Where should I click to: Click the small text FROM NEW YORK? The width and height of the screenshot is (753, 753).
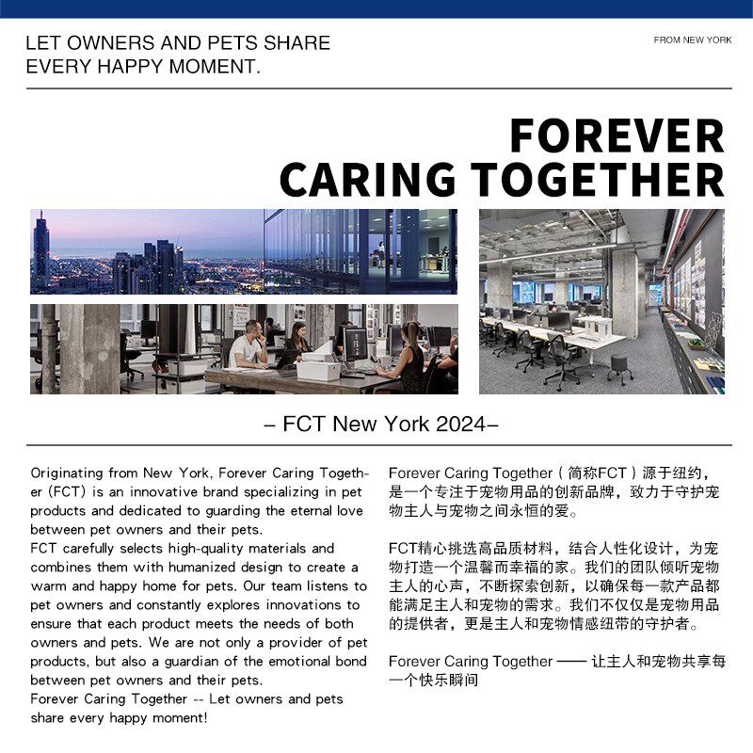point(692,40)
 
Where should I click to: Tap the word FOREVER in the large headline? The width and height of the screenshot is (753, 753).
point(617,136)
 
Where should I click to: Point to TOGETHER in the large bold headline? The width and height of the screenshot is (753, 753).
point(611,180)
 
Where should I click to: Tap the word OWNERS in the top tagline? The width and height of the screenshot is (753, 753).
point(115,43)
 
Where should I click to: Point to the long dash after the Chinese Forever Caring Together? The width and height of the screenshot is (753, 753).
point(571,662)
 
